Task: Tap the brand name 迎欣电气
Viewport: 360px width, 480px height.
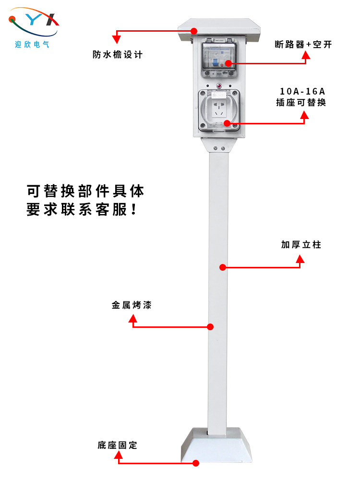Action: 32,45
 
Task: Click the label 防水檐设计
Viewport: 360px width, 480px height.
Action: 118,55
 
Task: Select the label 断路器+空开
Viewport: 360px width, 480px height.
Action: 303,45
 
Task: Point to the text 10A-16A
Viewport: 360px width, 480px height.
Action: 302,91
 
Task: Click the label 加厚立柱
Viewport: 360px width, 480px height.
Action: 301,245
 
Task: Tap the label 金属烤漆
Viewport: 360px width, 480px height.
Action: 132,305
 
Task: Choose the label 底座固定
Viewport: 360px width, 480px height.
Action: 118,445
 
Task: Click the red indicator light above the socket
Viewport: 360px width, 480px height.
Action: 219,86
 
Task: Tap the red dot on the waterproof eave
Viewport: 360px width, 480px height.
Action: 194,31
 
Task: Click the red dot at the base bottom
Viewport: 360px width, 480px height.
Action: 196,463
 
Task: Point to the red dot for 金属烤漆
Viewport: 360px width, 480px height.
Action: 210,327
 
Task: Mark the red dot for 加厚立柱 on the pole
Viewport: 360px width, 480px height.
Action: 223,267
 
